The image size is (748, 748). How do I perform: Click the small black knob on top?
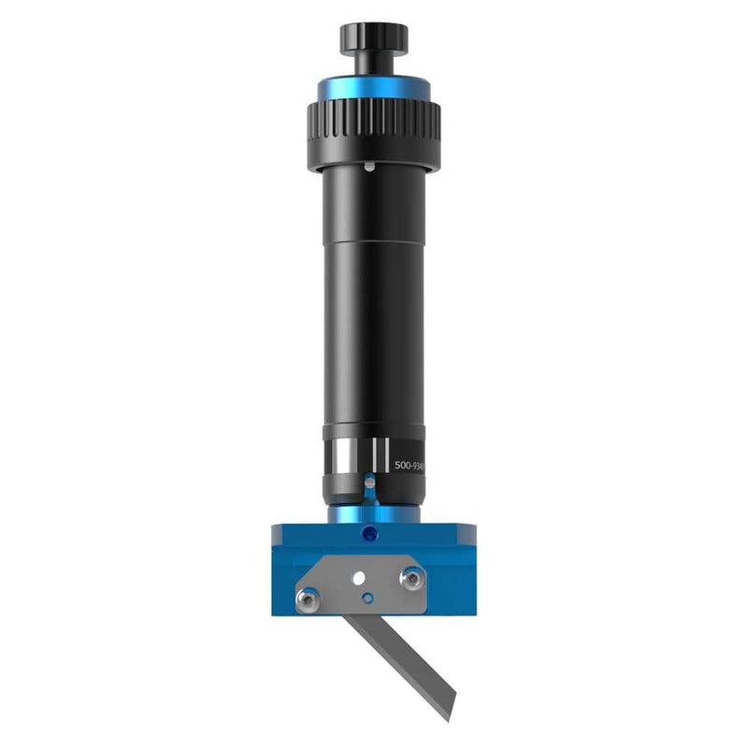[x=373, y=36]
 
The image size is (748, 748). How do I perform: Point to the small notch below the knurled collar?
[x=371, y=168]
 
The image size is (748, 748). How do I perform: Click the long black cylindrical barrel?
[x=373, y=299]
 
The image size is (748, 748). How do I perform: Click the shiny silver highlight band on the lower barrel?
[x=343, y=458]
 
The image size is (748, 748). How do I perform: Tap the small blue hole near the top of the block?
[x=369, y=535]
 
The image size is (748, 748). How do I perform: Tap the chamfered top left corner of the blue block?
[x=276, y=529]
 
